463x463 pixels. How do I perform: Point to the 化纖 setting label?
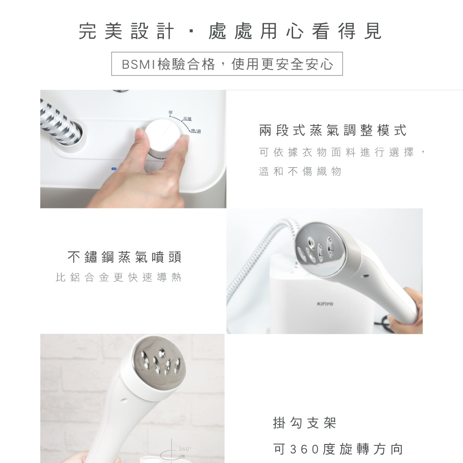coord(188,119)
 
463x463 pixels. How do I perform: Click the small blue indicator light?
coord(113,169)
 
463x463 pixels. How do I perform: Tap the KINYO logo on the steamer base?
coord(325,304)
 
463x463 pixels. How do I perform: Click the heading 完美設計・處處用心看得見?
coord(230,31)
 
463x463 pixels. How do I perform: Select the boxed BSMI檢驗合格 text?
coord(227,64)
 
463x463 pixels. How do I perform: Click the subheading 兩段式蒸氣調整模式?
coord(332,131)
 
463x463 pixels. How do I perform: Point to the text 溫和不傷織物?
coord(300,172)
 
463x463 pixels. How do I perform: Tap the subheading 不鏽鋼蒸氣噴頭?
coord(124,257)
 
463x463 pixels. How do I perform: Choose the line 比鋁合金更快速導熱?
coord(119,278)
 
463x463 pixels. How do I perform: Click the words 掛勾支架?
coord(305,423)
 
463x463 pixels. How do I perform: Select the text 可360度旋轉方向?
coord(338,449)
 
